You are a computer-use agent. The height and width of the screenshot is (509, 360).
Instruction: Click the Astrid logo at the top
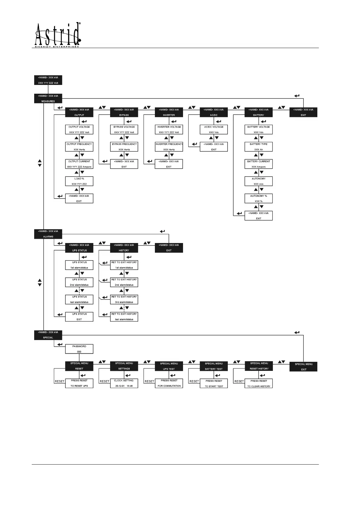[x=57, y=35]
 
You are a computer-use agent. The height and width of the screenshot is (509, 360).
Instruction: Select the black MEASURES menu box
[x=48, y=99]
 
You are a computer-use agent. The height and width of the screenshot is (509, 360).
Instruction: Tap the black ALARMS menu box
[x=48, y=234]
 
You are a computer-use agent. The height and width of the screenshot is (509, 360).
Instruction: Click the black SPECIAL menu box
[x=48, y=335]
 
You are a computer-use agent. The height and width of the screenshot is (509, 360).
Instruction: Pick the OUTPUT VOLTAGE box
[x=79, y=130]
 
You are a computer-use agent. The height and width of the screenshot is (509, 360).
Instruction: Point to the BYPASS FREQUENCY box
[x=124, y=147]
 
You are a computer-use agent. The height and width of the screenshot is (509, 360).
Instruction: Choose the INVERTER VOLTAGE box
[x=169, y=130]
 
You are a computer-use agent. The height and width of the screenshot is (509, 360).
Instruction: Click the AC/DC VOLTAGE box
[x=214, y=130]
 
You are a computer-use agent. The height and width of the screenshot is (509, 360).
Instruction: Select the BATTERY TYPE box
[x=259, y=147]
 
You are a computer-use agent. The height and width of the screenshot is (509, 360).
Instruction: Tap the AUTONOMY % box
[x=259, y=199]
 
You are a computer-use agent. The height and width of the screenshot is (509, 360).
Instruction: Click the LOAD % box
[x=79, y=181]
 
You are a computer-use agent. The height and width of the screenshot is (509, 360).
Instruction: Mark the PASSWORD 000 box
[x=79, y=349]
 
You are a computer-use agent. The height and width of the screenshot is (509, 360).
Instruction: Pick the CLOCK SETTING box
[x=124, y=383]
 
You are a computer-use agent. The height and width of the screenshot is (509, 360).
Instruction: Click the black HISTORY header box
[x=124, y=248]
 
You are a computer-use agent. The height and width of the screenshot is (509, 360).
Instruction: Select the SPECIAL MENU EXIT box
[x=303, y=367]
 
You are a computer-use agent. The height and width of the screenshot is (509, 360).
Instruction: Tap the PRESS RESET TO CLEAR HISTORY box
[x=259, y=384]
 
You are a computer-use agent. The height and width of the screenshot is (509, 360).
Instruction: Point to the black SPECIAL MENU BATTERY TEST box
[x=214, y=366]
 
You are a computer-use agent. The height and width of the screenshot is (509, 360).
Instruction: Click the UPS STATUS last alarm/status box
[x=79, y=300]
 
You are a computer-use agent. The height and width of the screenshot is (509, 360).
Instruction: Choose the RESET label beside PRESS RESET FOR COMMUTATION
[x=149, y=381]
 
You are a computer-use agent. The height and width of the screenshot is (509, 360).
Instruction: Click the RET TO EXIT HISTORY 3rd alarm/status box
[x=124, y=300]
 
